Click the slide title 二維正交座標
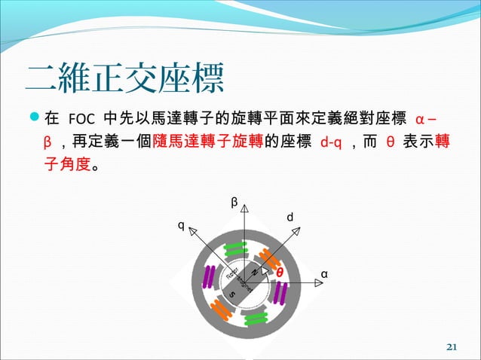coord(124,78)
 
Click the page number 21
coord(452,346)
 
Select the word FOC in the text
coord(81,121)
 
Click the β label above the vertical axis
coord(234,202)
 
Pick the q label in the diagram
coord(179,224)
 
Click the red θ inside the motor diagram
coord(279,271)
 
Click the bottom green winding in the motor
coord(256,317)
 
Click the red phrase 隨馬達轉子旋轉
coord(208,142)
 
